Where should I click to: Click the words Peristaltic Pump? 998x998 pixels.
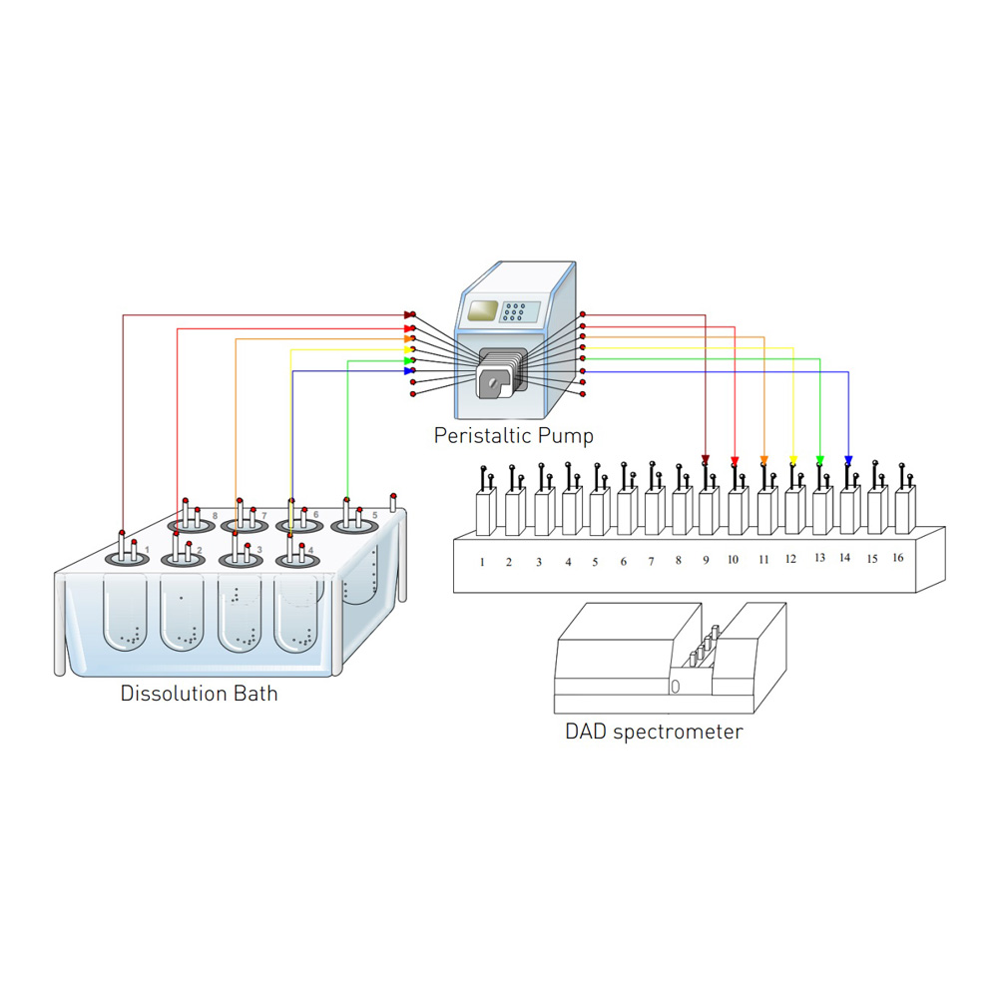[513, 435]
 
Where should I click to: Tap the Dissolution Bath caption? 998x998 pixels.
[199, 693]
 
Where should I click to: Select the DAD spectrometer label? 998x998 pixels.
[654, 732]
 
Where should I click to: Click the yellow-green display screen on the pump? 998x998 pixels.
[484, 309]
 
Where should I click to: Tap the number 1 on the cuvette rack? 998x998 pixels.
[481, 562]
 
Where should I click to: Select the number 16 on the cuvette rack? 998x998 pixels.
[897, 557]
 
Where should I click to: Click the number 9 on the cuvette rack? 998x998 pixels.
[706, 560]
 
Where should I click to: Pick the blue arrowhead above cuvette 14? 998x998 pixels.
[848, 460]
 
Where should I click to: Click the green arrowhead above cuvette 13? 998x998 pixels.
[820, 460]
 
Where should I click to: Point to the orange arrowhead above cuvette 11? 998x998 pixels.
[763, 460]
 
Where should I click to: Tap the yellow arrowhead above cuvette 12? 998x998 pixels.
[792, 460]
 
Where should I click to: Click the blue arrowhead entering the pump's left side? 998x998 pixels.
[408, 371]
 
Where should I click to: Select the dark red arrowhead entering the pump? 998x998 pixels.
[408, 315]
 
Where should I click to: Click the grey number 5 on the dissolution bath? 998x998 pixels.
[375, 515]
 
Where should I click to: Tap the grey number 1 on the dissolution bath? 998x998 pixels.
[147, 550]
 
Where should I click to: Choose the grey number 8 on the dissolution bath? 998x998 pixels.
[214, 515]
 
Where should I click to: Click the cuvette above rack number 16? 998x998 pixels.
[903, 509]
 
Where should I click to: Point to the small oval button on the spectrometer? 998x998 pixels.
[675, 686]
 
